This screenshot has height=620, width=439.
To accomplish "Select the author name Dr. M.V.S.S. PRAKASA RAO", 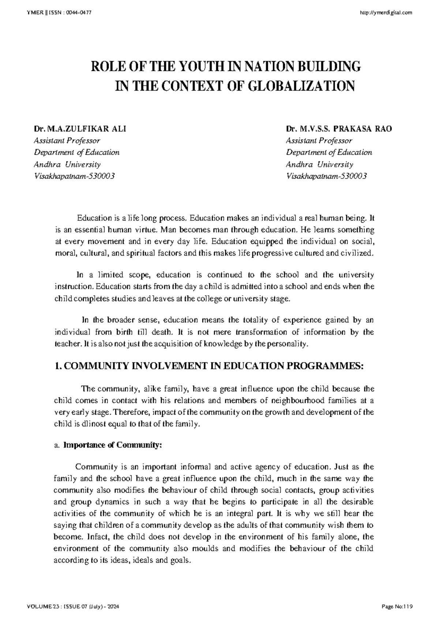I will tap(339, 129).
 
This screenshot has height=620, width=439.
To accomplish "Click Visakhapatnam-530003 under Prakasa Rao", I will tap(326, 176).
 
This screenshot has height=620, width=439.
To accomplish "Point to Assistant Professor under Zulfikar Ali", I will tap(67, 141).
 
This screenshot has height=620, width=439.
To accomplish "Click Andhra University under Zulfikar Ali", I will tap(67, 165).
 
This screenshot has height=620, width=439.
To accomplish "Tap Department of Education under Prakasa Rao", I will tap(329, 152).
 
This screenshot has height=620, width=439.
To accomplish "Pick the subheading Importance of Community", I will tap(112, 445).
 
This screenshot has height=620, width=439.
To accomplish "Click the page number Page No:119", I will tap(397, 607).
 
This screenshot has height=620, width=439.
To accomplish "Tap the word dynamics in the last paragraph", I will tap(102, 502).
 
